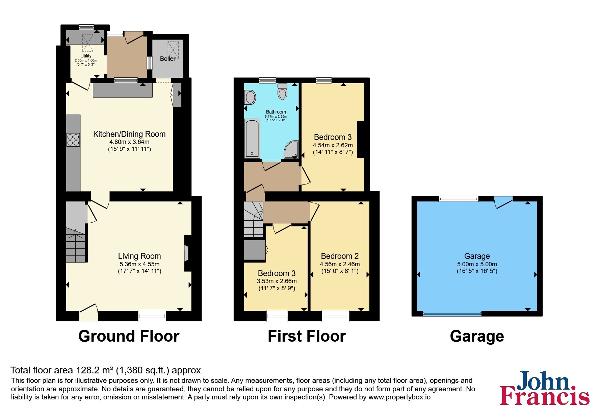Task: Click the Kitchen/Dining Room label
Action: coord(129,134)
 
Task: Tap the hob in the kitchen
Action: coord(73,140)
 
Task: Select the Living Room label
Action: coord(139,256)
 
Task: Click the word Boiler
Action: coord(168,59)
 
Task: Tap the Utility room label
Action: coord(86,56)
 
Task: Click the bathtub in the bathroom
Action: coord(252,139)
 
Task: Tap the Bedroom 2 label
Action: coord(340,256)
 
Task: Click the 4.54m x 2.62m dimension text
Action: coord(333,145)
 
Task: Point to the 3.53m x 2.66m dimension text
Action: coord(277,281)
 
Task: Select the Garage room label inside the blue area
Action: coord(477,256)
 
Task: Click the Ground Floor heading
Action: coord(129,337)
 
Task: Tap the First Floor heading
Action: coord(307,337)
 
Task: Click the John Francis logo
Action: coord(544,388)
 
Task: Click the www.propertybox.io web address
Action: coord(399,397)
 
